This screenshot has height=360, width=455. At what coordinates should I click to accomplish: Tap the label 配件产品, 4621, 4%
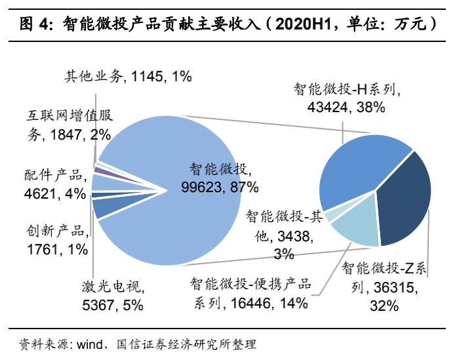click(x=53, y=184)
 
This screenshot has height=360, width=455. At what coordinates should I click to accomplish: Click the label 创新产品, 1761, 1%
click(x=54, y=240)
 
